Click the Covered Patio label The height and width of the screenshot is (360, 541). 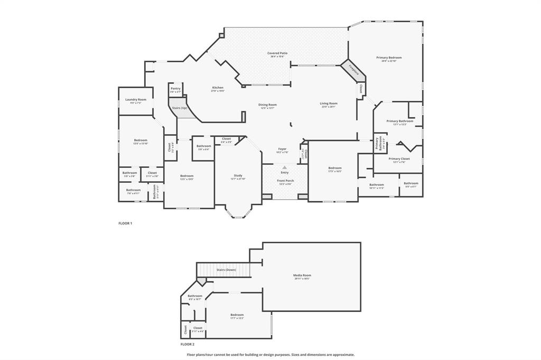[277, 53]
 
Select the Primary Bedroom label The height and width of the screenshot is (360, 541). [389, 58]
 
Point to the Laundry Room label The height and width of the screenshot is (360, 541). [135, 99]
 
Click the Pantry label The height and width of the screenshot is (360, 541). [175, 89]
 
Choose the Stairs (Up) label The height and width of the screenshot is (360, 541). [179, 108]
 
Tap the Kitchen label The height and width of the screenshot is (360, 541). [218, 88]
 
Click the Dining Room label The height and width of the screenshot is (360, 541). [267, 105]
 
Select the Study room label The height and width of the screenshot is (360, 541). [238, 176]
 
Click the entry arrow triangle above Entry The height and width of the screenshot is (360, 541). [285, 167]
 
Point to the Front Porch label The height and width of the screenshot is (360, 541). [285, 181]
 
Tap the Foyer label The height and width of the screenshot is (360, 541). [283, 149]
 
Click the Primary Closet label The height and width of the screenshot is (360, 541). [399, 158]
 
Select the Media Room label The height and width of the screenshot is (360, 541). [302, 275]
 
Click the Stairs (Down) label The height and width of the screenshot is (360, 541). [226, 270]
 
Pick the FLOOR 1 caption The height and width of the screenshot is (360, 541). [125, 223]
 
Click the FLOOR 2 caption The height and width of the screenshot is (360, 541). [188, 344]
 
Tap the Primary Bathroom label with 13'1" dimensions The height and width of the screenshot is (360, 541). [399, 121]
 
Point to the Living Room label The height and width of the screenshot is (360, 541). [328, 103]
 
